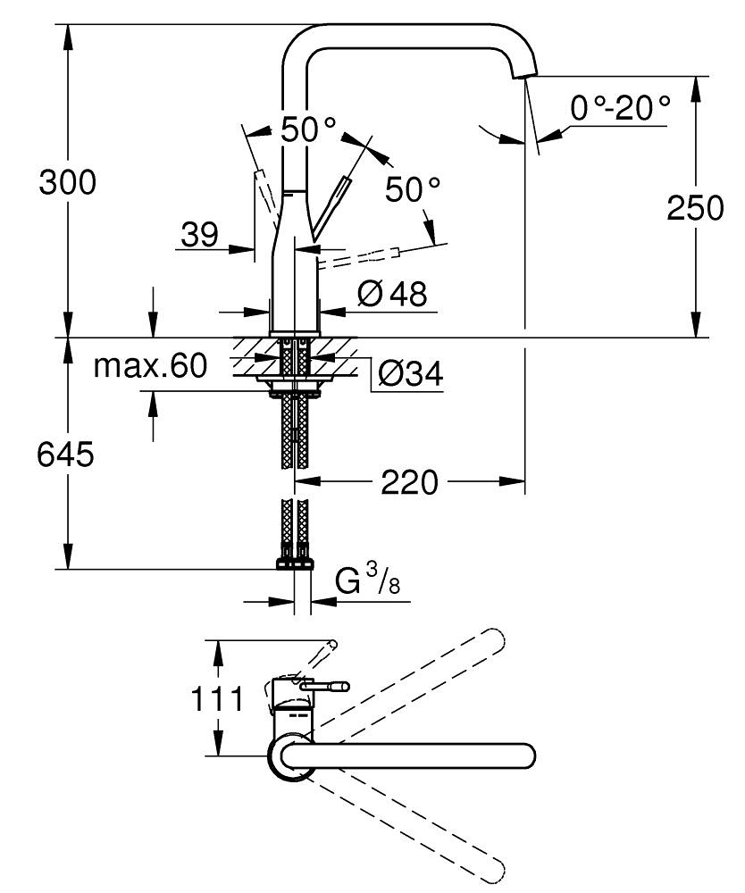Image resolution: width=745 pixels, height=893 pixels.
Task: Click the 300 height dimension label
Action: pos(66,183)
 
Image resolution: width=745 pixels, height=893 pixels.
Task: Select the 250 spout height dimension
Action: pos(695,208)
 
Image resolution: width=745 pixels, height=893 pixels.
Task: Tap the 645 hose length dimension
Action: pos(66,455)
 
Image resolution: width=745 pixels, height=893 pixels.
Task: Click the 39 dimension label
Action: pos(199,235)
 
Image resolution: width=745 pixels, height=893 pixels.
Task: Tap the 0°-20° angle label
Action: pos(620,109)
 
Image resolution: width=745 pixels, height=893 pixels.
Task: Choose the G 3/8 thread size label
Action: pos(366,583)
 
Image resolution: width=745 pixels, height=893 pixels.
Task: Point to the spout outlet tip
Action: pos(526,77)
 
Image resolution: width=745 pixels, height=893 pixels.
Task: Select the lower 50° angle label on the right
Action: pos(413,188)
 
